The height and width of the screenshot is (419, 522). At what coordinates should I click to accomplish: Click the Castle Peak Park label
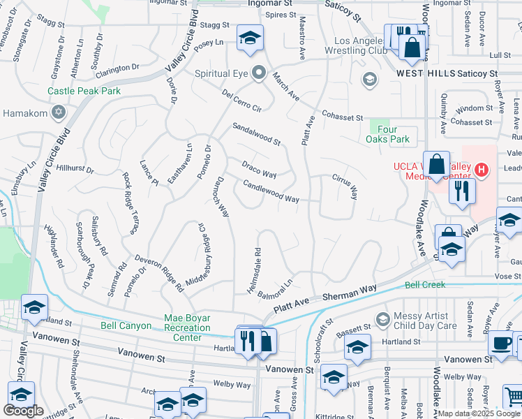[x=84, y=91]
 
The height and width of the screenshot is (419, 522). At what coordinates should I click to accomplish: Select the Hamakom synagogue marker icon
[x=59, y=112]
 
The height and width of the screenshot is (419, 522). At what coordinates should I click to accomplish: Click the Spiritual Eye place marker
[x=260, y=72]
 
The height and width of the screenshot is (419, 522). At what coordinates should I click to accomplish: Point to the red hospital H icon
[x=481, y=169]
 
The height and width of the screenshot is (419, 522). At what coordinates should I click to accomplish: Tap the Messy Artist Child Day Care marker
[x=382, y=320]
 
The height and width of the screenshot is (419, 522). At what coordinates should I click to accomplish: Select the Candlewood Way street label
[x=271, y=193]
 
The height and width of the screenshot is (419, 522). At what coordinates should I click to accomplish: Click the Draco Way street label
[x=259, y=170]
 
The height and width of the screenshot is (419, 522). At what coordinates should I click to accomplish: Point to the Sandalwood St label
[x=256, y=133]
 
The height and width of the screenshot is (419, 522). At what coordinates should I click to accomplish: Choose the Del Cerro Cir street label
[x=241, y=102]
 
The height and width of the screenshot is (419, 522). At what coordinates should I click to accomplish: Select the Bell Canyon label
[x=126, y=325]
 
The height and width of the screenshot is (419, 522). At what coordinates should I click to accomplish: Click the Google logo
[x=23, y=411]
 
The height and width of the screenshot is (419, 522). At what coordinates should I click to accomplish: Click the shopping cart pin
[x=514, y=396]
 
